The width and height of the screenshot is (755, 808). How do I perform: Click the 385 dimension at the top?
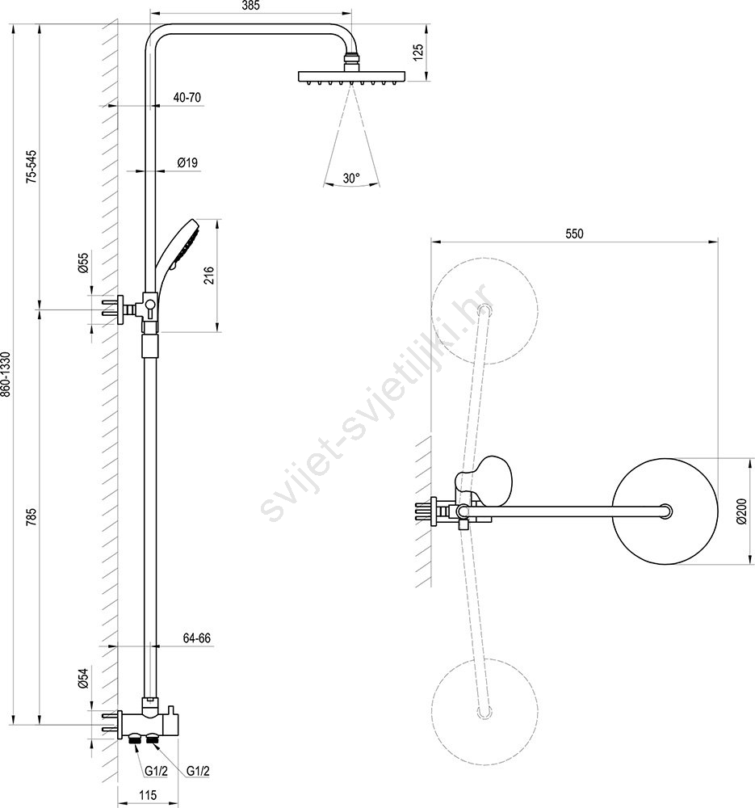click(250, 6)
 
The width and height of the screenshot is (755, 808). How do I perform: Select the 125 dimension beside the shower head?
click(417, 53)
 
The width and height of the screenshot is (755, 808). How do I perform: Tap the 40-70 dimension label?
click(187, 97)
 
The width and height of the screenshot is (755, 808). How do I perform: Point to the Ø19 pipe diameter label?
click(187, 162)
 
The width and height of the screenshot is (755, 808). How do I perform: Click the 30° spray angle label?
click(351, 179)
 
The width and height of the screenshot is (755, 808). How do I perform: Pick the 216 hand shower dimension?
click(208, 276)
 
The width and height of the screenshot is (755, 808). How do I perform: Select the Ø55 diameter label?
click(83, 263)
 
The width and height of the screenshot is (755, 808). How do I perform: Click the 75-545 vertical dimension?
click(32, 166)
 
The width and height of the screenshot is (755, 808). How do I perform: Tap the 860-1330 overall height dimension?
click(5, 374)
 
